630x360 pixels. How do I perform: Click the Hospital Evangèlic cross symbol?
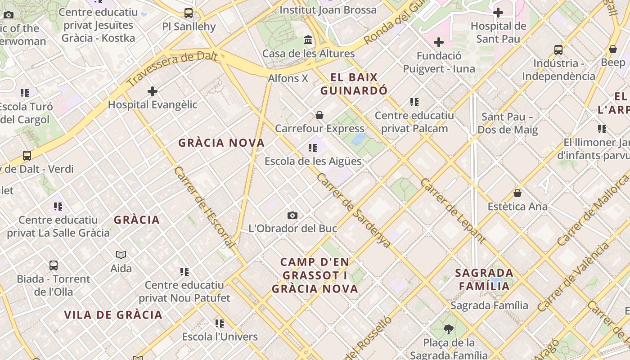click(x=153, y=91)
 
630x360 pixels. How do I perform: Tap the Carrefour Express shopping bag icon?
click(x=319, y=115)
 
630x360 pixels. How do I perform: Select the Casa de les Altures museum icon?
click(x=308, y=40)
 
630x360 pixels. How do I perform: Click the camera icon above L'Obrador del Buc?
click(x=292, y=215)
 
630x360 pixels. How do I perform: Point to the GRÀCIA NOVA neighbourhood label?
click(x=221, y=143)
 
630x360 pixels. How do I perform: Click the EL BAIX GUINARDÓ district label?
click(x=354, y=84)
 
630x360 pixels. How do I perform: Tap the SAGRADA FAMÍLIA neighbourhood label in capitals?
click(x=484, y=279)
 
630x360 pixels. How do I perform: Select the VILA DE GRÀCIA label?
click(x=113, y=315)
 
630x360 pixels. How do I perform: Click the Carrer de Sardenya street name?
click(x=353, y=210)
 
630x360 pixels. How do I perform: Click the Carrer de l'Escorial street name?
click(x=204, y=207)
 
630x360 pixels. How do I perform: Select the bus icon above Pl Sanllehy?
click(x=189, y=13)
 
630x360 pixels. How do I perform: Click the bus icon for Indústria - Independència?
click(x=558, y=49)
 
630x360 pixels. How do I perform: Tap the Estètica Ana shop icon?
click(x=517, y=193)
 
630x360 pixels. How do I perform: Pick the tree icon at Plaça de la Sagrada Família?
click(x=448, y=329)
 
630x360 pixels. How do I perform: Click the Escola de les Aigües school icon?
click(x=313, y=148)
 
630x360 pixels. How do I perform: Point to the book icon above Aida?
click(x=121, y=255)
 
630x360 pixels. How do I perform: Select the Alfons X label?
click(x=288, y=78)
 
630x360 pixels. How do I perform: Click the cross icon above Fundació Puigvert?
click(x=439, y=42)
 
